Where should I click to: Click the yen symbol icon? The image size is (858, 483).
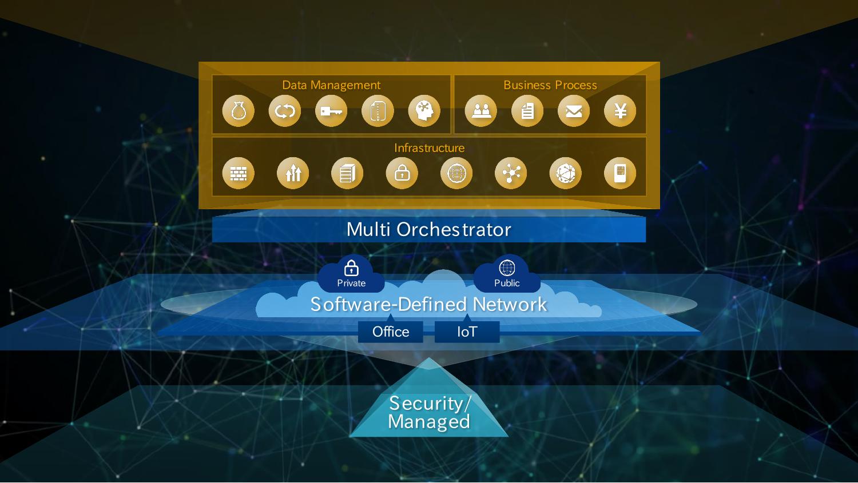coord(620,111)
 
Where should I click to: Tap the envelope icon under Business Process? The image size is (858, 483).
coord(574,111)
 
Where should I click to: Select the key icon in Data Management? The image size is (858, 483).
coord(331,111)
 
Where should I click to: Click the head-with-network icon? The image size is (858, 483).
coord(424,111)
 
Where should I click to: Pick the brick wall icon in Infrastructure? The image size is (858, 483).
coord(238,173)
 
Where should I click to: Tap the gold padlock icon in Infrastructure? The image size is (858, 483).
coord(402,173)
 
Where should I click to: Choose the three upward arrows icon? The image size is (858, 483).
coord(293,173)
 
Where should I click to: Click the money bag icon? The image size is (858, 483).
coord(239,111)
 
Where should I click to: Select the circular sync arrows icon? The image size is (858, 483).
coord(285,111)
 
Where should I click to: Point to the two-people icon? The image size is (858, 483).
coord(480,111)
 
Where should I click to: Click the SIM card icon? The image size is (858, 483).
coord(620,173)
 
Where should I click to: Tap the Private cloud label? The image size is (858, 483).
coord(351,283)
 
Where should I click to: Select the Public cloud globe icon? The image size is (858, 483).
coord(507,268)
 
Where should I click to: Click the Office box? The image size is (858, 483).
coord(391,332)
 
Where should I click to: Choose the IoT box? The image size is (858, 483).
coord(467,332)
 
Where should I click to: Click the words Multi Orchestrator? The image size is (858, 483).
coord(428,230)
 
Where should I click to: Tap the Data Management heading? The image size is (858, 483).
coord(331,85)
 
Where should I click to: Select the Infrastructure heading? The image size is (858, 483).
coord(429,148)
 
